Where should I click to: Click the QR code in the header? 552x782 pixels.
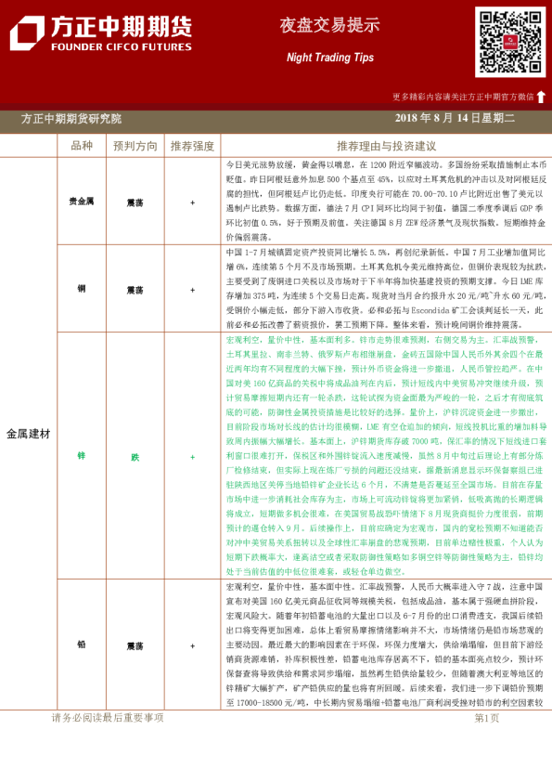(510, 42)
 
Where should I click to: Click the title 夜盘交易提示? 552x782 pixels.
(329, 26)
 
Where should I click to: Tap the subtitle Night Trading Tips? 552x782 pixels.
(329, 58)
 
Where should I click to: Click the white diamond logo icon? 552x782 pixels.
(26, 35)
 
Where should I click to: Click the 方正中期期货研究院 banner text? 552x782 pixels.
(71, 119)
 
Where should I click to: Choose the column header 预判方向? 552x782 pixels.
(135, 146)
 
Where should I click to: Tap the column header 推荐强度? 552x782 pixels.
(192, 146)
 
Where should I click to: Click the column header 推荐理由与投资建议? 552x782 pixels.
(386, 146)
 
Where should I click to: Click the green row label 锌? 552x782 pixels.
(82, 457)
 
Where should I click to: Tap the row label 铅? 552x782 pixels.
(82, 644)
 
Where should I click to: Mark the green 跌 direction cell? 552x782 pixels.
(135, 457)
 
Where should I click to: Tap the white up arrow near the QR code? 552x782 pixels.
(541, 97)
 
